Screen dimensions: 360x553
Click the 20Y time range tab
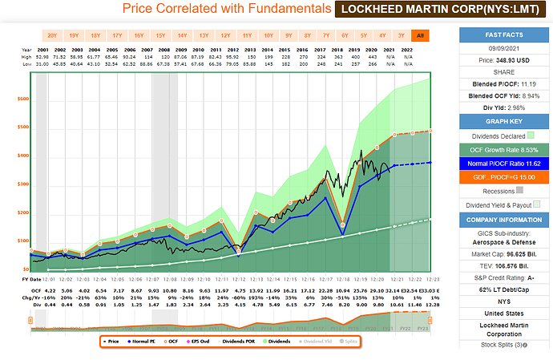pos(51,35)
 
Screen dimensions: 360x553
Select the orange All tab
pos(420,35)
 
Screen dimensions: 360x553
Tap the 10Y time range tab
pos(268,35)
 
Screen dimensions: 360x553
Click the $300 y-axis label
pos(23,184)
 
